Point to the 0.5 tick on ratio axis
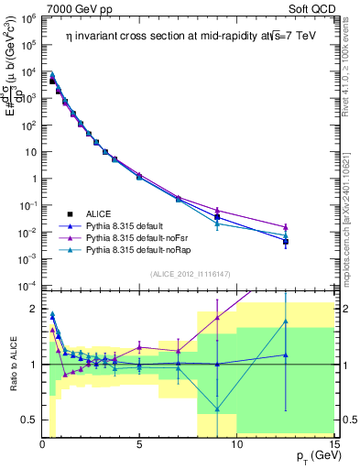pyautogui.click(x=29, y=420)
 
